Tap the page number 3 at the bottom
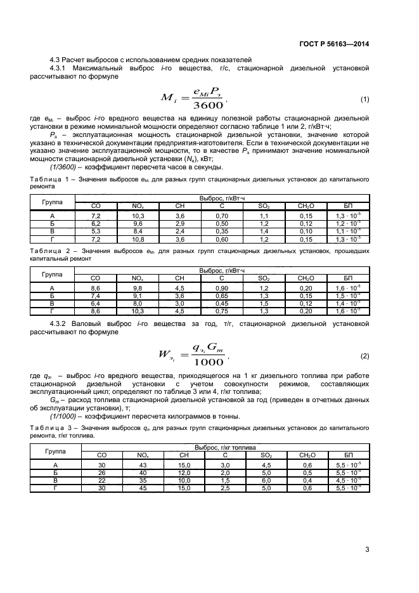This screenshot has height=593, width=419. pos(367,549)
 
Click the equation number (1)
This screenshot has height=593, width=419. pos(364,100)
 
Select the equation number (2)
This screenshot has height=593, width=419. pos(364,355)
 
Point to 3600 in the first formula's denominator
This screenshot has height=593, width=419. pos(207,106)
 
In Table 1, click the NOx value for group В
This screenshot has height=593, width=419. pos(137,231)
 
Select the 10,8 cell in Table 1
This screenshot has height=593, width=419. pos(137,238)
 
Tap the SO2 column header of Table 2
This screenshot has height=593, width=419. pos(264,278)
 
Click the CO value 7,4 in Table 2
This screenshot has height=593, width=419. pos(96,296)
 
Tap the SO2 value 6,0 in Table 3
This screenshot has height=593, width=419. pos(266,480)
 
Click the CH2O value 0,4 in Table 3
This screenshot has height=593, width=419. pos(307,480)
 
